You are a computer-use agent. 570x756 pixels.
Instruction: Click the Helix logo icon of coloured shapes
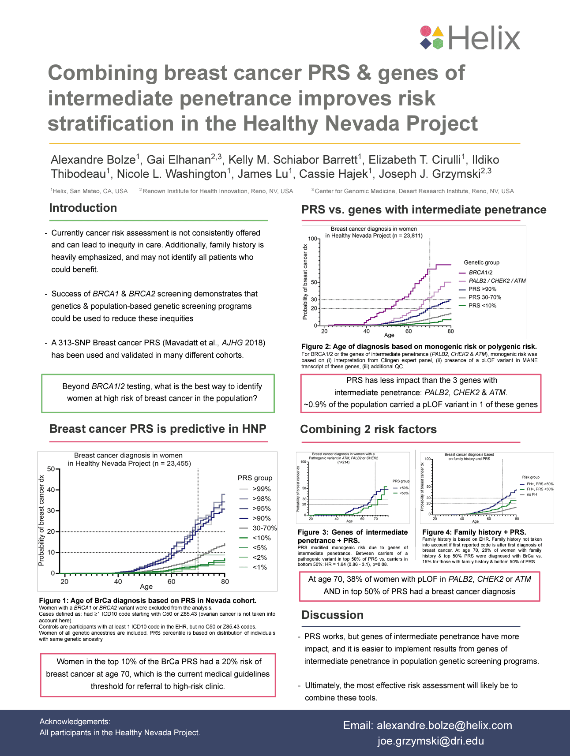431,37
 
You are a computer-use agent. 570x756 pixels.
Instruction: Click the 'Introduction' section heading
83,208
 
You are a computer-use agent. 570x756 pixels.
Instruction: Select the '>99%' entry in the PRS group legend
261,489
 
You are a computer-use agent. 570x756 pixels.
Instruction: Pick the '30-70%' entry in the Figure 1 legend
264,528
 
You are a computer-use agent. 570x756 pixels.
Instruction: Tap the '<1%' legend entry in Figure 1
259,567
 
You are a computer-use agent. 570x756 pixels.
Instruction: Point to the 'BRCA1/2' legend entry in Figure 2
480,273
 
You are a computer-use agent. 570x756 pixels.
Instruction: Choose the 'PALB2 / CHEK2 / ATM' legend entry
497,281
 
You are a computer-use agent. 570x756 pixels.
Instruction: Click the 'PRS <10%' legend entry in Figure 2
482,306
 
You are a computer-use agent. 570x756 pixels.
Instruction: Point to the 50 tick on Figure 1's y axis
51,469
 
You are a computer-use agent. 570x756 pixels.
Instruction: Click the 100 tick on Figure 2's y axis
312,239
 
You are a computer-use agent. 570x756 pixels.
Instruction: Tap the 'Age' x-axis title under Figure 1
146,587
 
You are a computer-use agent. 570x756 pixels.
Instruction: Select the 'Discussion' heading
332,615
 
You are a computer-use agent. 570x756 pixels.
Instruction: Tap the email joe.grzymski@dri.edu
431,741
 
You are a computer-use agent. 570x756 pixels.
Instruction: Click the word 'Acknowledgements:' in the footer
75,722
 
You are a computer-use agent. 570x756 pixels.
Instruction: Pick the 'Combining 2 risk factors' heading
368,430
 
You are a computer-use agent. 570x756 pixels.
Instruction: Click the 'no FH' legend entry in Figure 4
532,494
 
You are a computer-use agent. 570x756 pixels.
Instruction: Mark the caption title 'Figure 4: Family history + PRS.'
474,532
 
